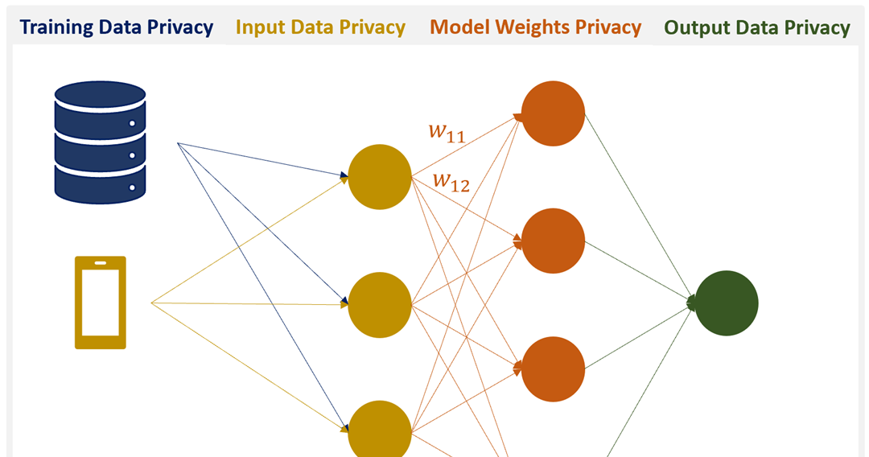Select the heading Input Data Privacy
click(319, 27)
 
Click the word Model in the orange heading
click(458, 27)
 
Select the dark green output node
click(727, 303)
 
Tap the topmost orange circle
click(553, 113)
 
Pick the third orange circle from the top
click(553, 368)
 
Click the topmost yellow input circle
click(379, 177)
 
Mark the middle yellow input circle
click(379, 304)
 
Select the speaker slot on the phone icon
click(101, 263)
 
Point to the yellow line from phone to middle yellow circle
click(249, 304)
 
